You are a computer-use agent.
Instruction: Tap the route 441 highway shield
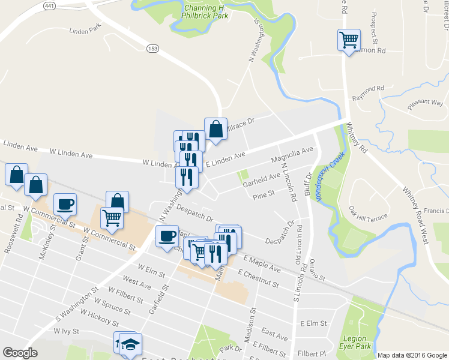pyautogui.click(x=50, y=5)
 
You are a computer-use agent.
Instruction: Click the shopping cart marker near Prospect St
pyautogui.click(x=349, y=40)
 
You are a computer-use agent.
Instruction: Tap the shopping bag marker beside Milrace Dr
pyautogui.click(x=215, y=129)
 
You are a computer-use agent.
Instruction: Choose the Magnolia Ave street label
pyautogui.click(x=292, y=155)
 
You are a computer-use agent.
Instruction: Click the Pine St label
pyautogui.click(x=264, y=194)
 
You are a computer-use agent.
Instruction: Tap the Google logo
pyautogui.click(x=20, y=353)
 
